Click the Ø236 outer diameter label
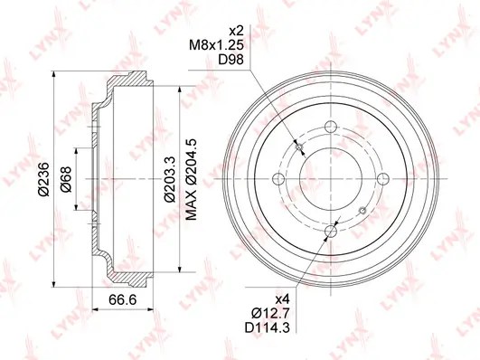[43, 178]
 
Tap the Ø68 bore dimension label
[66, 179]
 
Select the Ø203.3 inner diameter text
[169, 179]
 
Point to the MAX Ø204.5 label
[191, 179]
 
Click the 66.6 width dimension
[122, 299]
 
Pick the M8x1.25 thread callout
[216, 45]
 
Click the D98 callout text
[231, 60]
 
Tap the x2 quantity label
[236, 31]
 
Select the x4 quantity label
[282, 298]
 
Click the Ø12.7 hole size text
[270, 313]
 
